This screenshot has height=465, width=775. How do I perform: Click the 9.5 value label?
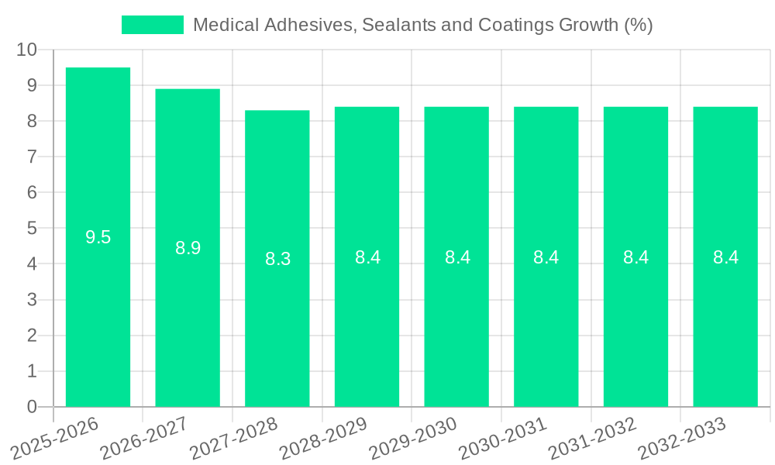pos(98,237)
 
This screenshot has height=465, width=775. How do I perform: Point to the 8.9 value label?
pos(188,248)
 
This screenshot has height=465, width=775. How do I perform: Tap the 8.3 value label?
pos(277,259)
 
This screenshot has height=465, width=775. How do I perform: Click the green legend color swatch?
pos(153,25)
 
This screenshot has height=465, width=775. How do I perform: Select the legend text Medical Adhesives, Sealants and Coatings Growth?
pos(422,25)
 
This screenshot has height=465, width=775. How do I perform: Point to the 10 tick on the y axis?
pos(26,50)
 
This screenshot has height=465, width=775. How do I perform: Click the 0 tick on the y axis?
pos(32,407)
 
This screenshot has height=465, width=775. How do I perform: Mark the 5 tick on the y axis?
pos(32,229)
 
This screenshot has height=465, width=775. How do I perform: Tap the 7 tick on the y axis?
pos(32,157)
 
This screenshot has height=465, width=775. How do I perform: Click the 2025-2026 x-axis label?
pos(56,437)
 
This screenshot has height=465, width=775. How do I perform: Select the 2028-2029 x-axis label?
pos(324,437)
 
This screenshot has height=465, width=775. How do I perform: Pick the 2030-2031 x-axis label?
pos(503,437)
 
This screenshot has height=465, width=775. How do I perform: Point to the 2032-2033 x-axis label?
pos(682,437)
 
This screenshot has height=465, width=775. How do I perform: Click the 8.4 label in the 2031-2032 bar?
pos(635,257)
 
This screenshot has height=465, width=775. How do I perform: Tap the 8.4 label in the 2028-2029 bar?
pos(367,257)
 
